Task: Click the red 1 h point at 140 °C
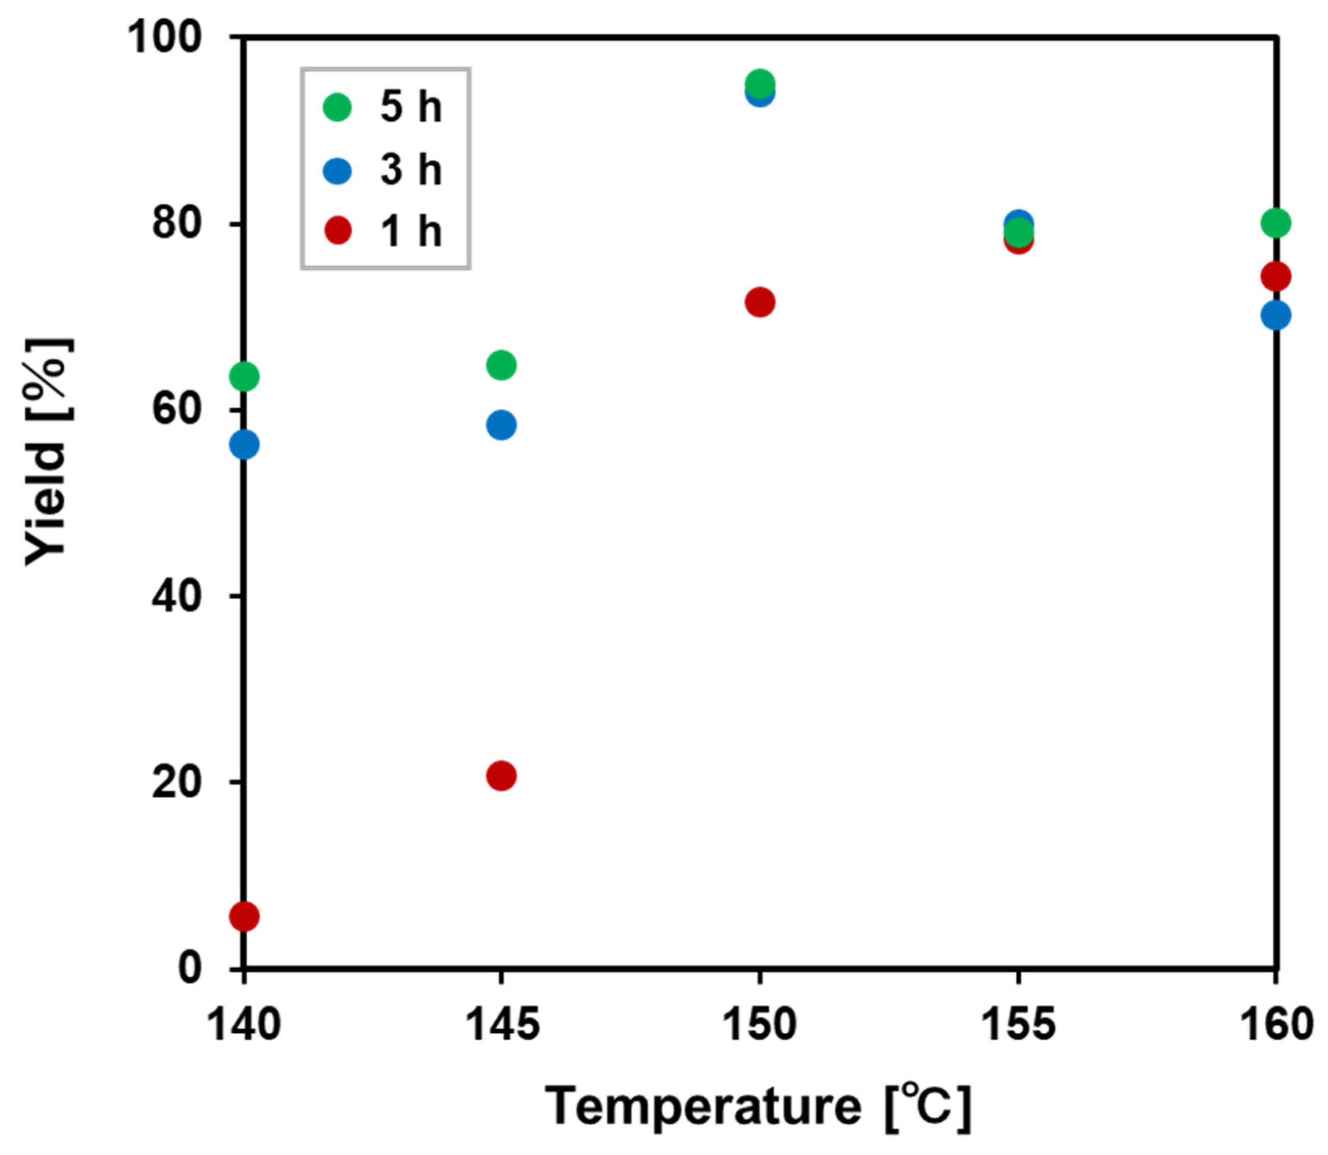(x=245, y=916)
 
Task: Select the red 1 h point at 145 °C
(x=501, y=775)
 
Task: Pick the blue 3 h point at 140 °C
(x=245, y=444)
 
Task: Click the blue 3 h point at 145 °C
(x=501, y=425)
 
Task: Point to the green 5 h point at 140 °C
(x=245, y=376)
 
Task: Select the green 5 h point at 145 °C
(x=501, y=365)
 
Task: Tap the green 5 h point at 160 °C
(x=1275, y=223)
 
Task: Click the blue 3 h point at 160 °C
(x=1275, y=315)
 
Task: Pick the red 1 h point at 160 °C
(x=1275, y=277)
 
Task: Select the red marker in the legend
(x=337, y=230)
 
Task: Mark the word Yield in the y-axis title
(x=46, y=504)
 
